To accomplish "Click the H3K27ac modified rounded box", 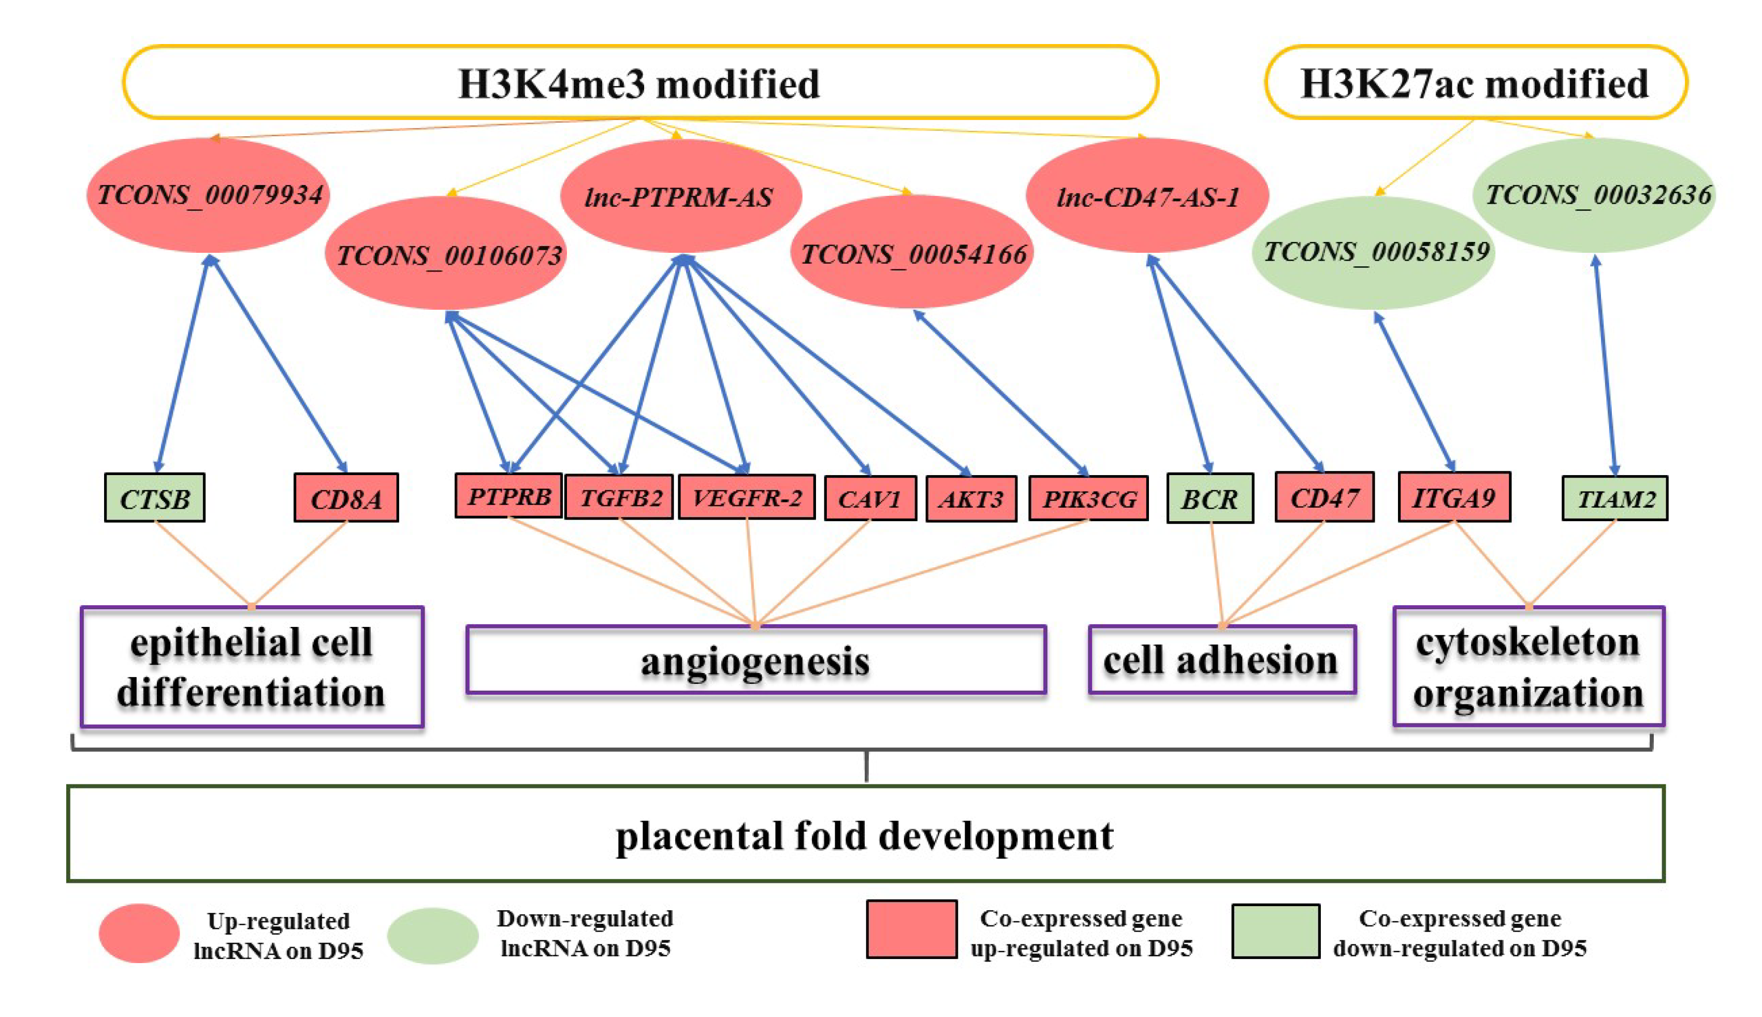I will point(1475,83).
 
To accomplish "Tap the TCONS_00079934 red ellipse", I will point(208,195).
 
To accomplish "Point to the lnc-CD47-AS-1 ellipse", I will point(1146,197).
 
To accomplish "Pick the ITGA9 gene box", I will point(1453,497).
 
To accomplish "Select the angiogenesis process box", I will point(755,661).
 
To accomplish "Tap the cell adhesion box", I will point(1221,661).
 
